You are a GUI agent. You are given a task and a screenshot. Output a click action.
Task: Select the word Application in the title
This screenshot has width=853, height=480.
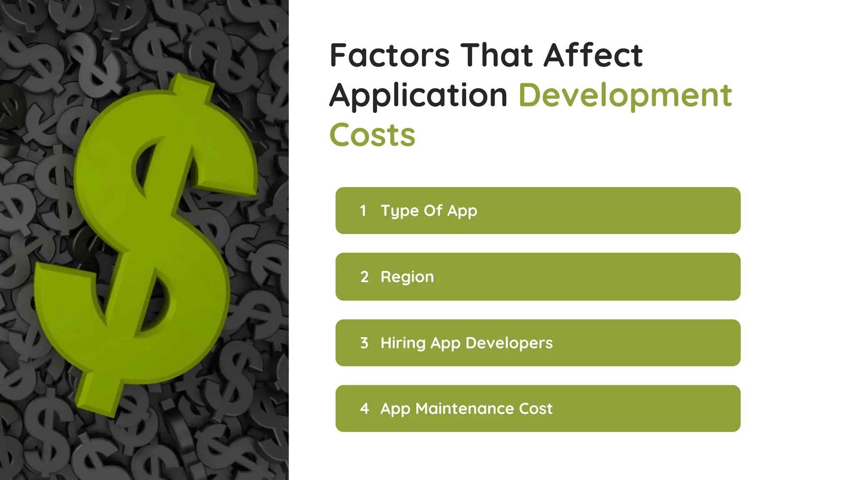(418, 96)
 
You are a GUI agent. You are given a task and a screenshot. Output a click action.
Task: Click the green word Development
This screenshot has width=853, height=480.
(625, 96)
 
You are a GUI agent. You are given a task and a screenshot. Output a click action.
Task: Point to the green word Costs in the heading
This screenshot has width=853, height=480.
(372, 135)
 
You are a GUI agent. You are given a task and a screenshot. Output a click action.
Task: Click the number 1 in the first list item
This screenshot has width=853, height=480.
(363, 211)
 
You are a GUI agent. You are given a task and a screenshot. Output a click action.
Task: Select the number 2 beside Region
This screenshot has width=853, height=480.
(364, 277)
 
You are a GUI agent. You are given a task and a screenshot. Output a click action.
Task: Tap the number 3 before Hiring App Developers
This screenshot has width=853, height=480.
(364, 343)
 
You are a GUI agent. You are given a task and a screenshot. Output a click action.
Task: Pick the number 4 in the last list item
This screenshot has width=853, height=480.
(364, 409)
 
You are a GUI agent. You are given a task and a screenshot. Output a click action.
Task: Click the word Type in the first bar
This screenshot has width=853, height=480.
(399, 211)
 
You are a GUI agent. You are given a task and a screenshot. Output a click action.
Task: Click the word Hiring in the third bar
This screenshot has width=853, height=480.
(403, 343)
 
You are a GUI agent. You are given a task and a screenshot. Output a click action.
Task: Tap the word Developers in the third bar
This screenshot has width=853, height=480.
(509, 343)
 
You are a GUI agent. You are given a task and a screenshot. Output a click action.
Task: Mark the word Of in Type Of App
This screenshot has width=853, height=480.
(433, 211)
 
